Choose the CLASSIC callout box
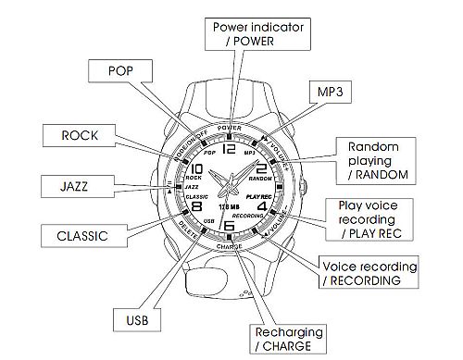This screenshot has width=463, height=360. click(52, 236)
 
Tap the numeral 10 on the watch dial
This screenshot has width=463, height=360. click(197, 169)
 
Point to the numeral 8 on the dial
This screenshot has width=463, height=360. click(195, 207)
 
